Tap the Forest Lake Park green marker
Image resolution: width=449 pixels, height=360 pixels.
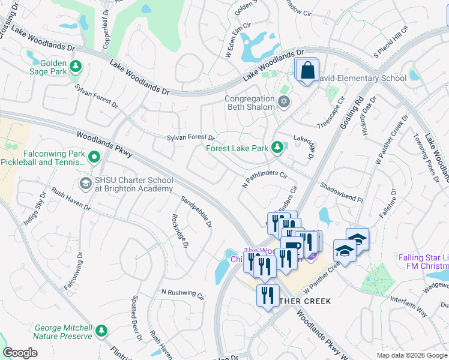pos(277,147)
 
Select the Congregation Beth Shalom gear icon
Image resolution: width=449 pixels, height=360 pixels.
pos(284,103)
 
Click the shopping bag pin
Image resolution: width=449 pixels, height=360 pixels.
pos(307,71)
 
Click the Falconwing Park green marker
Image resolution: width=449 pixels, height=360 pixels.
pos(94,158)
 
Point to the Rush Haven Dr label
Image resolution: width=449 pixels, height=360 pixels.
pos(71,199)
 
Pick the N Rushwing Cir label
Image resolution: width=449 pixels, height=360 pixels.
pos(182,293)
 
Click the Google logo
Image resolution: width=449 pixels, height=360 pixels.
pos(20,353)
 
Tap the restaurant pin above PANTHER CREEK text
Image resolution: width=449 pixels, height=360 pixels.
pos(267,295)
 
